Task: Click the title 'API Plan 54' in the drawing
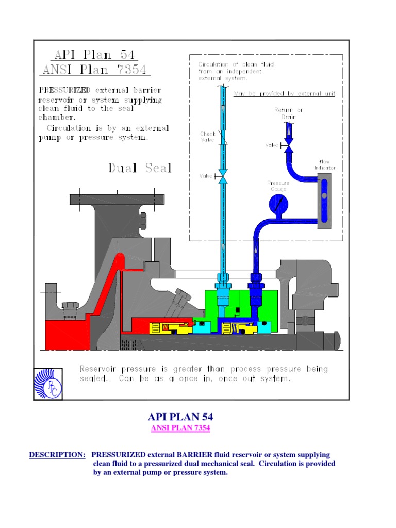coord(96,55)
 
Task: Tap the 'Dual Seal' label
coord(140,168)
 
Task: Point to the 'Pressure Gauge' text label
coord(278,186)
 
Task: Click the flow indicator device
coord(324,201)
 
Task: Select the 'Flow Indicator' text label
coord(324,164)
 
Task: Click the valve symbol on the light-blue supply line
coord(223,176)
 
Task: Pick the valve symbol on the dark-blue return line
coord(289,146)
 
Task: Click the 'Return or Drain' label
coord(289,113)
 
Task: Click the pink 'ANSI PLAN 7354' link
coord(180,428)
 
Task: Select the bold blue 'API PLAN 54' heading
coord(180,417)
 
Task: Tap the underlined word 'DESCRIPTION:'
coord(57,455)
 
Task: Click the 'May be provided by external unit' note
coord(285,93)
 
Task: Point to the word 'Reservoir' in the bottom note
coord(100,369)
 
